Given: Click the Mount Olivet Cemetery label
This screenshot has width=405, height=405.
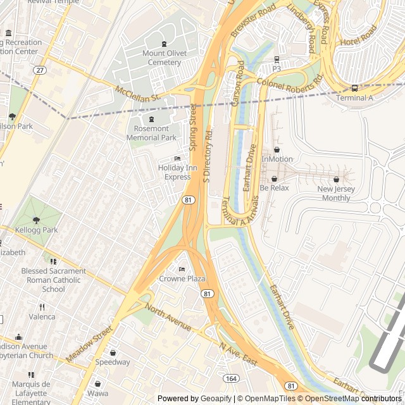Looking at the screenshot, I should click(165, 58).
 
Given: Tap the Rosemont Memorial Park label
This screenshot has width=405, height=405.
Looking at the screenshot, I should click(151, 133).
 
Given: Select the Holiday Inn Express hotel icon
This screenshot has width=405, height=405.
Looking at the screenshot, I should click(177, 158).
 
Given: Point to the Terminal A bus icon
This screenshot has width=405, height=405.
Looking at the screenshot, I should click(354, 88).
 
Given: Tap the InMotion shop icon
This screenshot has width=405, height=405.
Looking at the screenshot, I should click(277, 150).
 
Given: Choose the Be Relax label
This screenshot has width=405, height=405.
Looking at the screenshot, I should click(274, 188).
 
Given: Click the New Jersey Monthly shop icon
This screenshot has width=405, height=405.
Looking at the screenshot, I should click(336, 179).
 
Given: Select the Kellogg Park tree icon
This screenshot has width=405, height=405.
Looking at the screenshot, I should click(36, 220).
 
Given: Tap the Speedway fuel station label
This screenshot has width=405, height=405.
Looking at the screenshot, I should click(113, 363).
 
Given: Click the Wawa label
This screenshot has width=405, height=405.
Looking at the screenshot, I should click(97, 393).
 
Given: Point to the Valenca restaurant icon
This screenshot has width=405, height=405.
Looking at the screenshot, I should click(42, 307).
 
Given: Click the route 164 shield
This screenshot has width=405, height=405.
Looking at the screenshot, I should click(231, 378).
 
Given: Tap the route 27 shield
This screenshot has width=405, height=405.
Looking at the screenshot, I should click(40, 70).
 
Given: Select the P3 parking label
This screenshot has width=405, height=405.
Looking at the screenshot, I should click(277, 68).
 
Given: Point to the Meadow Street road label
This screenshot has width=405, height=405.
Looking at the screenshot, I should click(88, 344).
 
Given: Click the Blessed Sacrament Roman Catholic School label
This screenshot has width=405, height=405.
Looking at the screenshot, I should click(53, 280).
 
